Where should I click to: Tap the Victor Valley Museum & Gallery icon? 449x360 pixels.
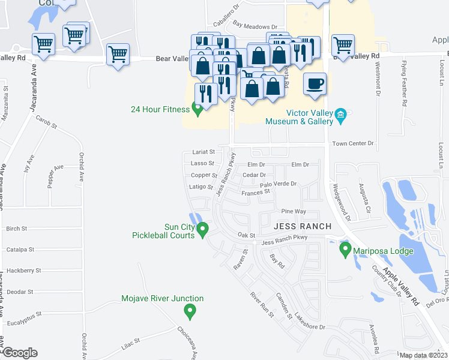(x=341, y=114)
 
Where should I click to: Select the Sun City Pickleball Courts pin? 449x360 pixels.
(x=203, y=229)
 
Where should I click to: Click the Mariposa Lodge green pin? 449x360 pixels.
(x=345, y=248)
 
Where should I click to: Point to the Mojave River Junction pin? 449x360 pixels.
(x=190, y=310)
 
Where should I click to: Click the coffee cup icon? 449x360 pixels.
(x=314, y=83)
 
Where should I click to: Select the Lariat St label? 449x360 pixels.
(x=203, y=152)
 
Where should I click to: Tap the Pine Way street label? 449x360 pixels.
(x=294, y=212)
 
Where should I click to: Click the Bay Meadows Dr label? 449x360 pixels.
(x=255, y=26)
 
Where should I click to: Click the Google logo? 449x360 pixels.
(x=20, y=353)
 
